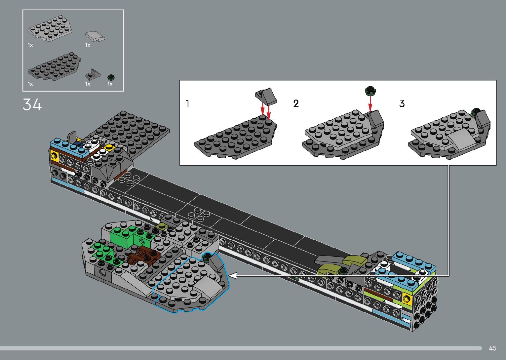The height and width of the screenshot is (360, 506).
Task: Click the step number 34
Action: click(x=32, y=104)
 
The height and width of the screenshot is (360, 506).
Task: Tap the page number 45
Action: click(x=493, y=348)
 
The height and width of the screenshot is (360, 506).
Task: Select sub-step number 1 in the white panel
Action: click(x=187, y=103)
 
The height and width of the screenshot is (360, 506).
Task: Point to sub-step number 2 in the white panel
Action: click(x=296, y=103)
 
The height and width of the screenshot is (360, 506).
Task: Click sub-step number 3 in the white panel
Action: click(x=402, y=103)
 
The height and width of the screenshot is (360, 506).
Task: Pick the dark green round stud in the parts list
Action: click(x=111, y=77)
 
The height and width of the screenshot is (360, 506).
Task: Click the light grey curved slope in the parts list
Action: click(x=95, y=36)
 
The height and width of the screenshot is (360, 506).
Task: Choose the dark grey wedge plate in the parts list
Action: click(x=54, y=66)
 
